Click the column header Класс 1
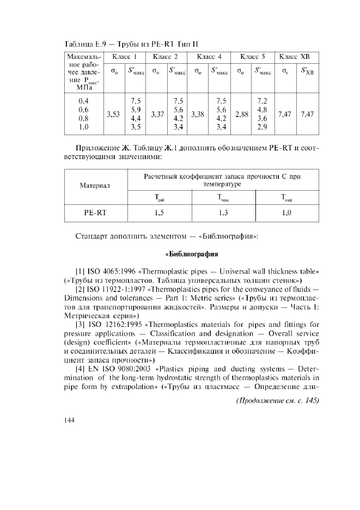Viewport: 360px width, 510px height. click(124, 57)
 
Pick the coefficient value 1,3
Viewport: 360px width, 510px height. click(223, 213)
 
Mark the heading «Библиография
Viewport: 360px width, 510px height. click(191, 254)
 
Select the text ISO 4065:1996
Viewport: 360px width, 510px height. click(111, 271)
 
